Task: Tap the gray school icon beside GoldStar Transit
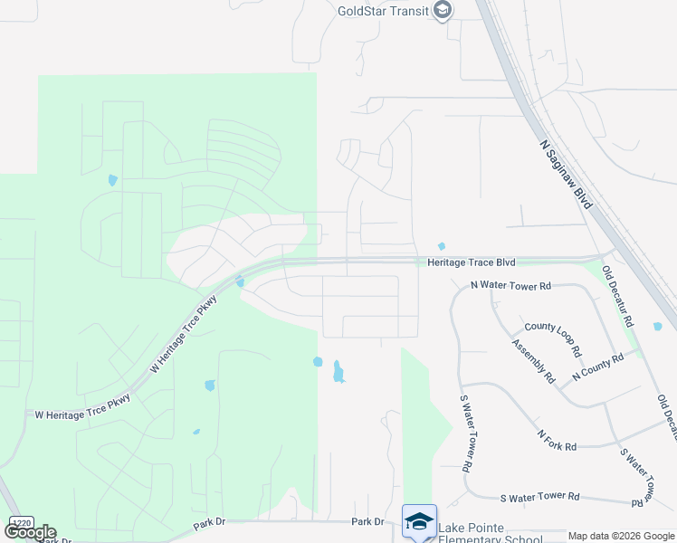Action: pyautogui.click(x=443, y=11)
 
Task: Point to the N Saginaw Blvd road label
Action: pyautogui.click(x=566, y=175)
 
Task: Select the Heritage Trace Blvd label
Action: pyautogui.click(x=471, y=262)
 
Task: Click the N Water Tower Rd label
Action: pyautogui.click(x=510, y=286)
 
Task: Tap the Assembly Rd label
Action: pyautogui.click(x=533, y=361)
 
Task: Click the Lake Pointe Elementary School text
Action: pyautogui.click(x=490, y=534)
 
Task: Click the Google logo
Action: pyautogui.click(x=30, y=532)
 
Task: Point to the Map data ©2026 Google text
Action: pyautogui.click(x=621, y=536)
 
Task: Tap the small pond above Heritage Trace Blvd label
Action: pyautogui.click(x=442, y=246)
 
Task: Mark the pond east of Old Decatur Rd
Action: pyautogui.click(x=658, y=327)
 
